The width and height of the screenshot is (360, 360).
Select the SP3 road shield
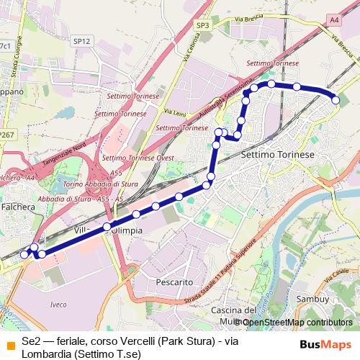point(203,25)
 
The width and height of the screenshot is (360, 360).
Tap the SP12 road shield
point(82,42)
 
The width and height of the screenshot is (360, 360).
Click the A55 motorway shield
point(116,174)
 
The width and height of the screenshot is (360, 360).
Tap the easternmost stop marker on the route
point(335,100)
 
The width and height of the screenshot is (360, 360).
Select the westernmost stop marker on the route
point(24,254)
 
